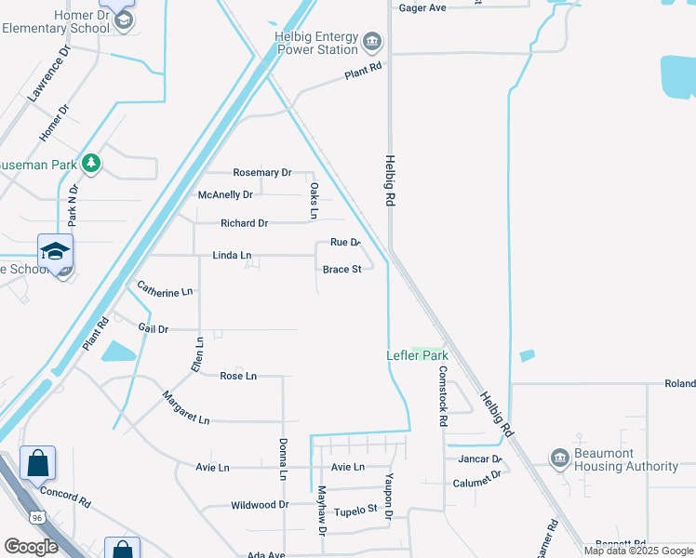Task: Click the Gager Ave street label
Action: [422, 7]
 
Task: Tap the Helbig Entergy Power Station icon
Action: [371, 41]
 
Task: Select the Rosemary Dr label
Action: [262, 173]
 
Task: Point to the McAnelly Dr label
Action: [225, 195]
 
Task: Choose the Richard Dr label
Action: [244, 223]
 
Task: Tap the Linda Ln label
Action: [232, 255]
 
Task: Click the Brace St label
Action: [341, 270]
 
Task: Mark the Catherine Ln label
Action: [165, 290]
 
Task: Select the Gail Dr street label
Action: [153, 329]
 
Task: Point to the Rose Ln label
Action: [238, 376]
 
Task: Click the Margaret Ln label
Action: [185, 407]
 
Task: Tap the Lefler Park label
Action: [418, 355]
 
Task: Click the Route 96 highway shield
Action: [37, 516]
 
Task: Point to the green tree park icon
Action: [90, 164]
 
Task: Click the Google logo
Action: [31, 547]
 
